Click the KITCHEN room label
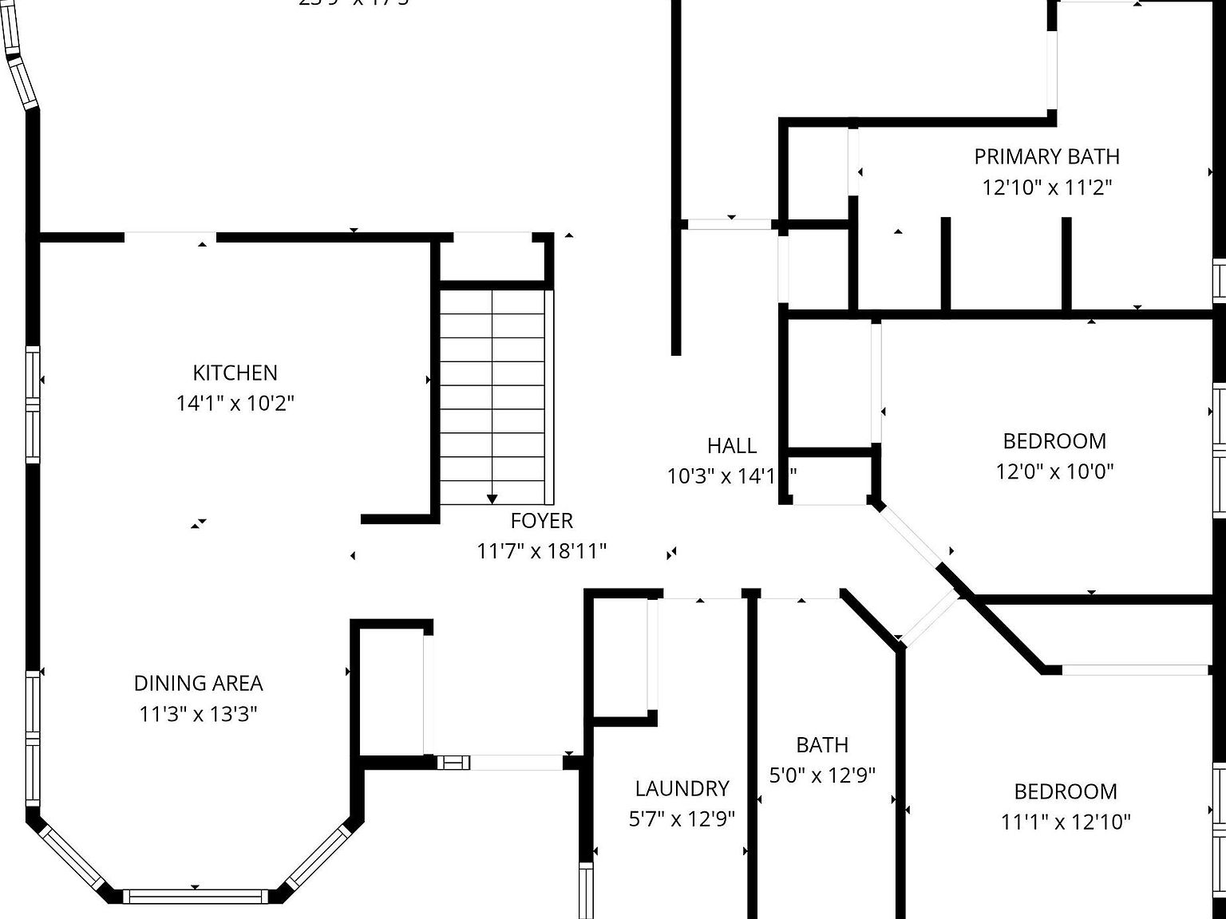(x=235, y=373)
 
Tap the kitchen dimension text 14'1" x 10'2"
(x=235, y=403)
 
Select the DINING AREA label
(x=198, y=683)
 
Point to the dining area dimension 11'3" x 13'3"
(x=198, y=713)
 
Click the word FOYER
(x=542, y=521)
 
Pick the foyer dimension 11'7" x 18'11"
(x=542, y=551)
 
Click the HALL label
(x=732, y=445)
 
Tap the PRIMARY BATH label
(x=1046, y=156)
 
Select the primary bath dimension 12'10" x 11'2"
(x=1046, y=187)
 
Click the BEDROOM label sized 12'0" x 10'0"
(x=1054, y=441)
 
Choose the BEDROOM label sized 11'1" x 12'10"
(x=1066, y=791)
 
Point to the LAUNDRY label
(x=682, y=788)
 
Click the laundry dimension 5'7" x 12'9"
(x=682, y=818)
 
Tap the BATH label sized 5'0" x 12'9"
(x=822, y=745)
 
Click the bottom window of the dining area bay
(x=196, y=896)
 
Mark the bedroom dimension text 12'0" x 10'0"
(x=1054, y=471)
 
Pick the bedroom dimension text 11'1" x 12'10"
(x=1066, y=822)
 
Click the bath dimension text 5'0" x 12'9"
(x=822, y=775)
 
